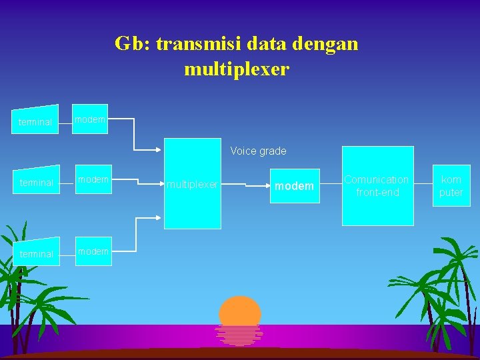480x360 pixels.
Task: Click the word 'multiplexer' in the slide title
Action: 237,69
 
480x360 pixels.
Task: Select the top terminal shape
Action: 36,121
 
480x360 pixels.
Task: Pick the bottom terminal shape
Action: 36,253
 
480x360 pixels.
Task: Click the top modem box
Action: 90,119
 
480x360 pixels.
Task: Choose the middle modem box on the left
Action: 93,180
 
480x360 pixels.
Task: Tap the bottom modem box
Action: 93,251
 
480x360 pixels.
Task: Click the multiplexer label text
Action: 192,184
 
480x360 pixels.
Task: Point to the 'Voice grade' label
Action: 258,151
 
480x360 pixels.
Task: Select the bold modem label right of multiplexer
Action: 294,186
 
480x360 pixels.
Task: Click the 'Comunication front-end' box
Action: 377,185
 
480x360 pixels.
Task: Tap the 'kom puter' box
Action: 451,185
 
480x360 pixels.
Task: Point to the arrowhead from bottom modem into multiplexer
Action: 161,217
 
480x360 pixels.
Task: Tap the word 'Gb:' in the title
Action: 132,44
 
